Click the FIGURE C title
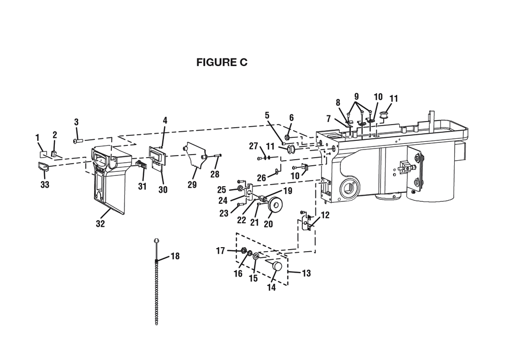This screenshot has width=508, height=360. pyautogui.click(x=222, y=62)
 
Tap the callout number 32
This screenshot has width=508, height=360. pyautogui.click(x=101, y=223)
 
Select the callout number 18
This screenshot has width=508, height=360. pyautogui.click(x=175, y=256)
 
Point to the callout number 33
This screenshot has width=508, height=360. pyautogui.click(x=45, y=185)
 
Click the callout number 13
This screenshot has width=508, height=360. pyautogui.click(x=306, y=273)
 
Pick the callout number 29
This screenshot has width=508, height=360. pyautogui.click(x=192, y=185)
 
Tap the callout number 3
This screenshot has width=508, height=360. pyautogui.click(x=76, y=122)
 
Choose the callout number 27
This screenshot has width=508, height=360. pyautogui.click(x=253, y=146)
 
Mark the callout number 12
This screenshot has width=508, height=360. pyautogui.click(x=325, y=215)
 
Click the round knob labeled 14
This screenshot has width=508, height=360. pyautogui.click(x=276, y=266)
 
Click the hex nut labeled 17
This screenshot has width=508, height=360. pyautogui.click(x=244, y=251)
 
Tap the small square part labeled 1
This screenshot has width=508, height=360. pyautogui.click(x=43, y=154)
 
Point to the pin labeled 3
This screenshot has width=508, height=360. pyautogui.click(x=79, y=141)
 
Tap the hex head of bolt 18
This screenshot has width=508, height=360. pyautogui.click(x=156, y=241)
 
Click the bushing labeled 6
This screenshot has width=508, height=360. pyautogui.click(x=287, y=137)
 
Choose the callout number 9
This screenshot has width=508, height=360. pyautogui.click(x=357, y=96)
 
